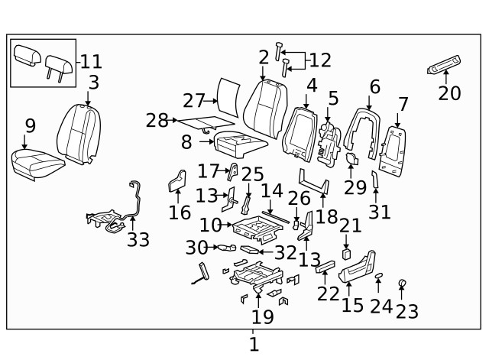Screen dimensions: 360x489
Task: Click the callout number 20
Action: [x=450, y=94]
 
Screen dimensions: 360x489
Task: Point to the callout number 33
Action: [x=138, y=239]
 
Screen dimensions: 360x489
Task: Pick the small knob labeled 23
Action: [x=402, y=285]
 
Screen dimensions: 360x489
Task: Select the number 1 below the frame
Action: [x=254, y=345]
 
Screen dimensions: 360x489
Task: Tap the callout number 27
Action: [x=194, y=100]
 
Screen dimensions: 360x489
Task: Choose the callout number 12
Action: [x=320, y=60]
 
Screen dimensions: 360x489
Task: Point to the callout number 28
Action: [x=157, y=120]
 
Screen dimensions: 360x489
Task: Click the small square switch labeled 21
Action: [x=346, y=251]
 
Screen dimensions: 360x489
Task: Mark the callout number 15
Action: [x=352, y=305]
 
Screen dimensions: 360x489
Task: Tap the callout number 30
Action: [x=196, y=247]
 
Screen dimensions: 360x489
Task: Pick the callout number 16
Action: [x=180, y=212]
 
